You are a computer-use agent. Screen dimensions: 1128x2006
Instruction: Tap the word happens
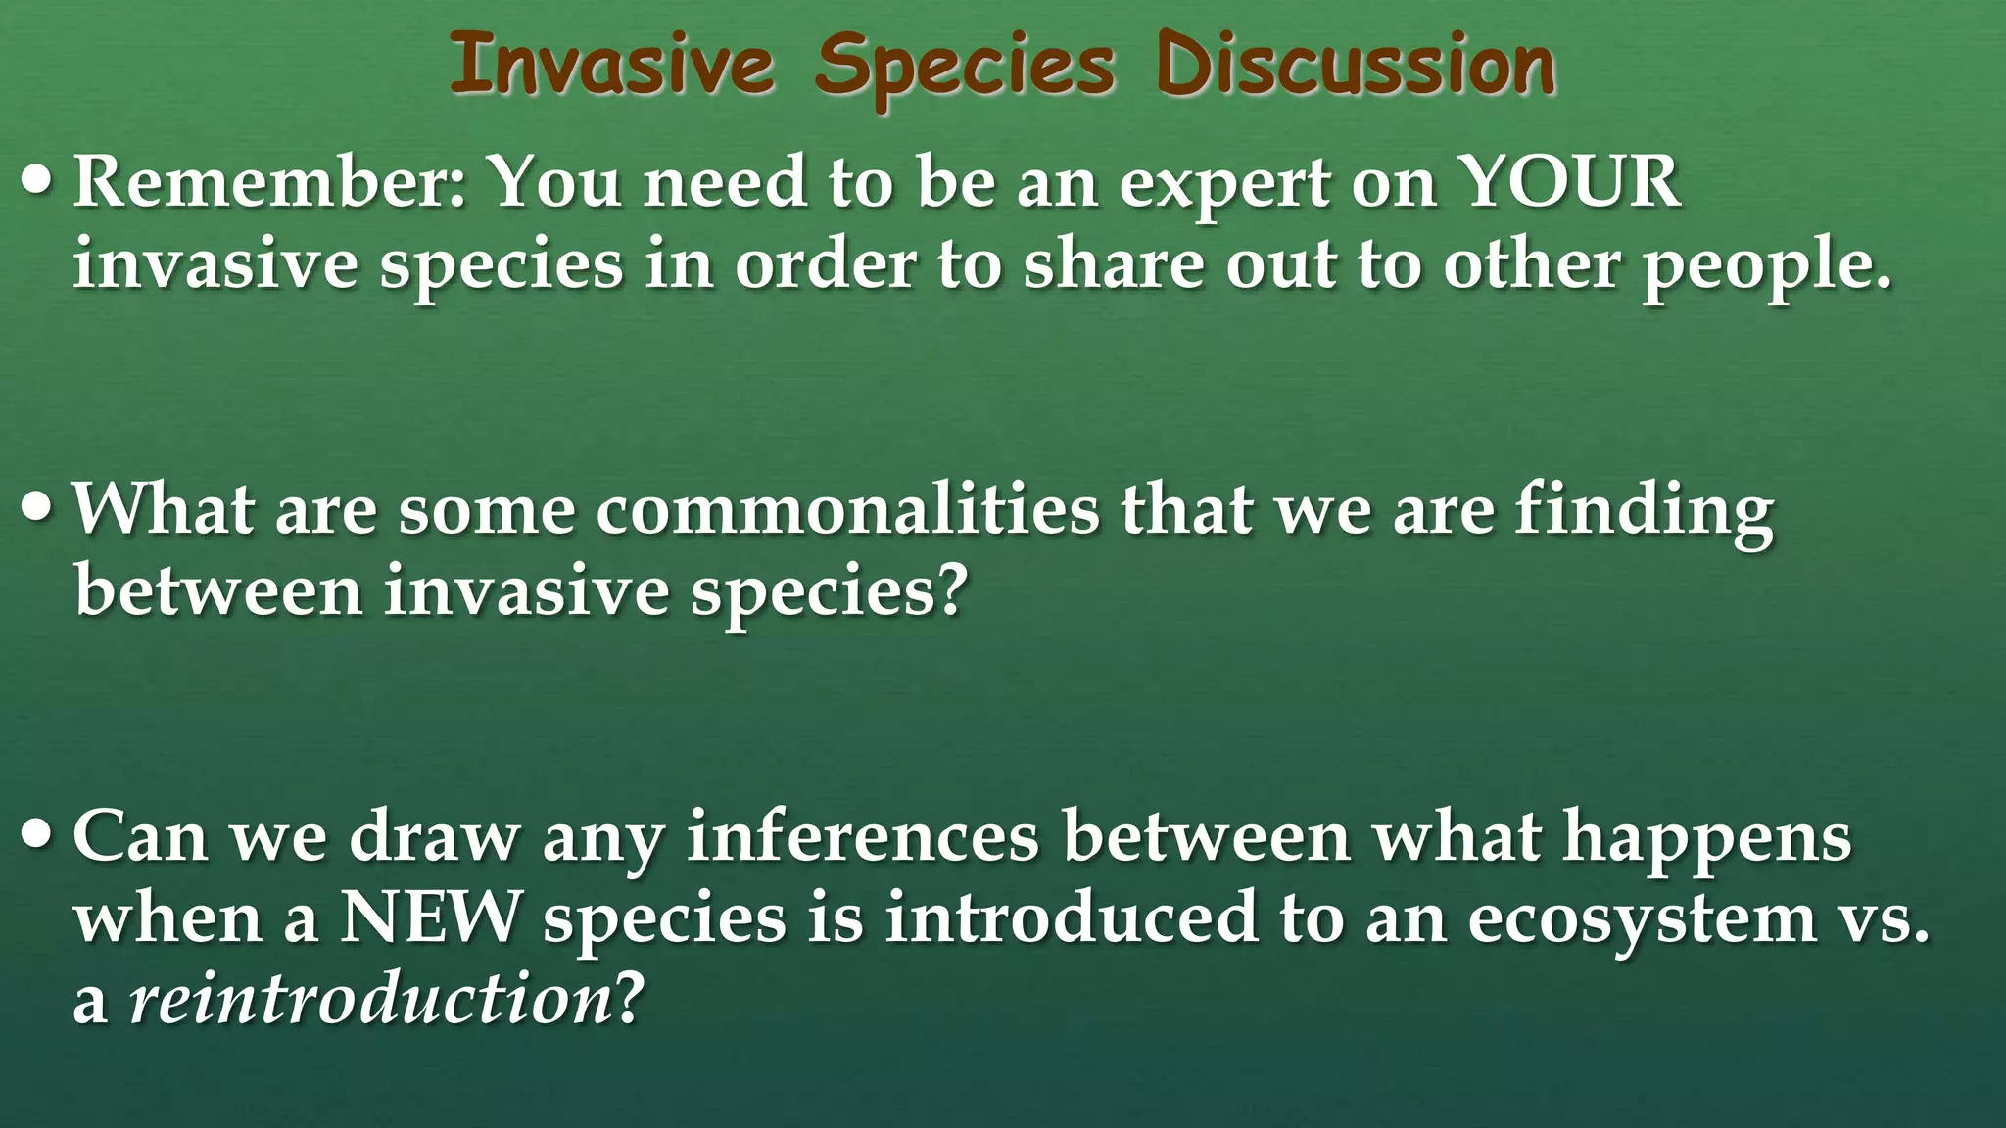(1706, 840)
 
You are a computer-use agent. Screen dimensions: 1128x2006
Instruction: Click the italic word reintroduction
(370, 1001)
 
